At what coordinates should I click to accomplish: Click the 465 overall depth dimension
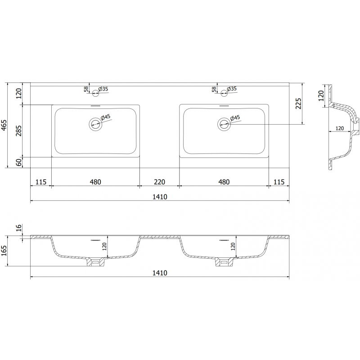pyautogui.click(x=4, y=125)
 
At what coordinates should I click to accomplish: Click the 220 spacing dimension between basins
pyautogui.click(x=159, y=182)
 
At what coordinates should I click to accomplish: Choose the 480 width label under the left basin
pyautogui.click(x=95, y=182)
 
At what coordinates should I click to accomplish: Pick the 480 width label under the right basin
pyautogui.click(x=224, y=182)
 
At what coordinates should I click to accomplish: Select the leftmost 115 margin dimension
pyautogui.click(x=40, y=182)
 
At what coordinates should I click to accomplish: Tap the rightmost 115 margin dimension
pyautogui.click(x=279, y=182)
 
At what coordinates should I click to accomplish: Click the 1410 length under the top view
pyautogui.click(x=159, y=197)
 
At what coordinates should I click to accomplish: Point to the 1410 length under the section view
pyautogui.click(x=159, y=273)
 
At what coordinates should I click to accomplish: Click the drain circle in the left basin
pyautogui.click(x=95, y=124)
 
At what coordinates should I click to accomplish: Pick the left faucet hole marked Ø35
pyautogui.click(x=95, y=94)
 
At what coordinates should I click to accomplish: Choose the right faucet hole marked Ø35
pyautogui.click(x=224, y=94)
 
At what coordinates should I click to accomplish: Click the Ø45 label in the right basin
pyautogui.click(x=235, y=118)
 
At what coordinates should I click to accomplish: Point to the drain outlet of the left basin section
pyautogui.click(x=95, y=261)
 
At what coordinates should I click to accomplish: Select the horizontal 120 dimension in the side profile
pyautogui.click(x=340, y=129)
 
